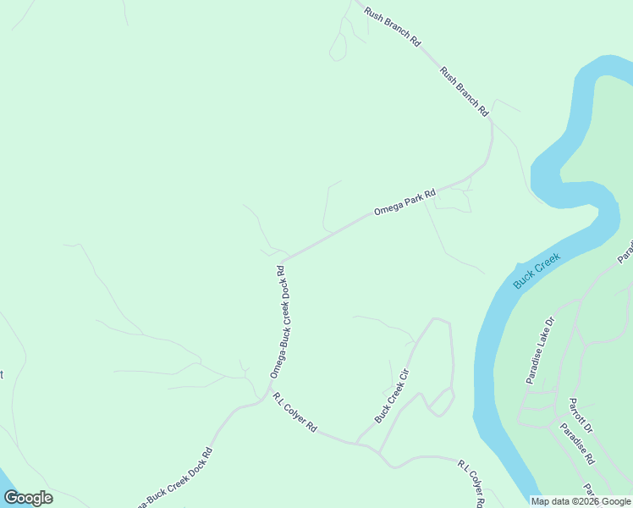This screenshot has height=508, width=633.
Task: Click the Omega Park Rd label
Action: point(405,202)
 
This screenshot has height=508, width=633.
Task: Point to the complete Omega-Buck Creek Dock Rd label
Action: point(282,322)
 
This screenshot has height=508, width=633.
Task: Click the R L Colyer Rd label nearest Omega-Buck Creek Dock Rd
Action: point(294,413)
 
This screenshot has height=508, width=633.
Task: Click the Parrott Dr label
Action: point(581,415)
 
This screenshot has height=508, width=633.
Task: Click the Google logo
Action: point(29,498)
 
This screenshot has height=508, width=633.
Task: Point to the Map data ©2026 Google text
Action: point(581,501)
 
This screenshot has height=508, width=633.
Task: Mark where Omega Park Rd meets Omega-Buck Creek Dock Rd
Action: point(283,260)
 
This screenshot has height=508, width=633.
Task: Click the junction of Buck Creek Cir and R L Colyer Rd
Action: point(356,443)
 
